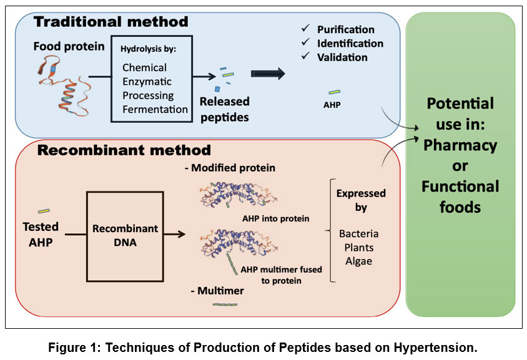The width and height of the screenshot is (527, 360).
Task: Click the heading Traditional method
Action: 111,22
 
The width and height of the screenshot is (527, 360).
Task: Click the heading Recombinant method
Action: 124,150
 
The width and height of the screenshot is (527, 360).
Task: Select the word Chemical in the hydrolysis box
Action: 144,67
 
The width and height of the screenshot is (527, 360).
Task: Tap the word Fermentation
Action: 155,109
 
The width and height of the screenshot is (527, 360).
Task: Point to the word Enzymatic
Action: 147,82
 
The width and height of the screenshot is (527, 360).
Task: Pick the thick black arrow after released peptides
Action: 267,74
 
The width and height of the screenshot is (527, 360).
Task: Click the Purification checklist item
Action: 345,29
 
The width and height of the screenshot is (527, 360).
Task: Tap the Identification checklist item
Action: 350,44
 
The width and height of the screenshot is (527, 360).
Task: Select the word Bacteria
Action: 359,234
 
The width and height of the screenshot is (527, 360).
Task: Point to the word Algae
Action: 358,261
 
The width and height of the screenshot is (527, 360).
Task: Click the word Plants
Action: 358,248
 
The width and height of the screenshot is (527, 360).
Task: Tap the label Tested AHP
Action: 40,234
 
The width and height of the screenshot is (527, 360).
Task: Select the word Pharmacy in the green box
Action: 460,145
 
